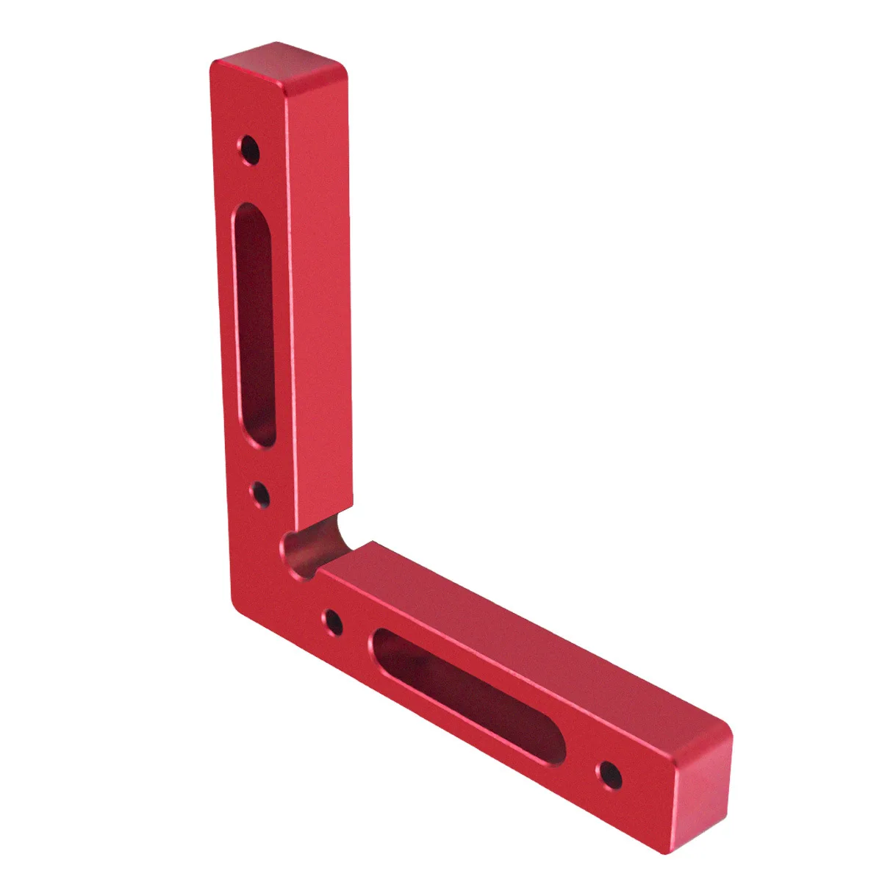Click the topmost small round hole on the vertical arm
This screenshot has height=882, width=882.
coord(251,151)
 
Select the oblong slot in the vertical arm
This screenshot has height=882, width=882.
coord(254,323)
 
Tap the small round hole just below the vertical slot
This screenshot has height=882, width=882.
coord(260,495)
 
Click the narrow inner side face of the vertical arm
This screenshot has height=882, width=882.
coord(320,294)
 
